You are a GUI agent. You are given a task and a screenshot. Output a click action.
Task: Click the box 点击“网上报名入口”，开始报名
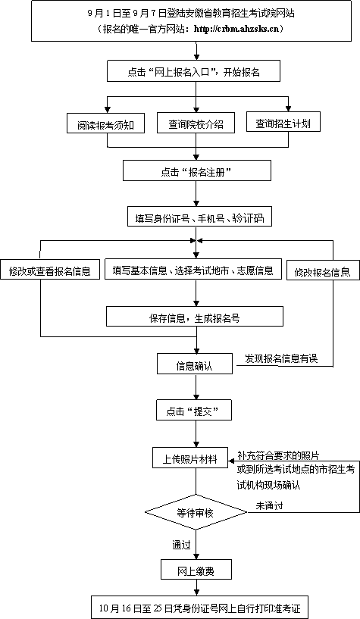tap(193, 71)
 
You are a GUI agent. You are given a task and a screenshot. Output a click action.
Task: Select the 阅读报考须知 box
tap(105, 124)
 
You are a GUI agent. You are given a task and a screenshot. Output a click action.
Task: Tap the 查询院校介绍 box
tap(196, 123)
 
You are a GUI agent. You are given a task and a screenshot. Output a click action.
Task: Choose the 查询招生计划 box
tap(283, 123)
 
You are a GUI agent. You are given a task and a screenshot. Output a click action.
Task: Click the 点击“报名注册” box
tap(197, 170)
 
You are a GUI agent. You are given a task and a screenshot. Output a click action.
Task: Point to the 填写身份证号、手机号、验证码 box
tap(199, 217)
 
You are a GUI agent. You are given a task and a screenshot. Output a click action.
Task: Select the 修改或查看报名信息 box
tap(50, 270)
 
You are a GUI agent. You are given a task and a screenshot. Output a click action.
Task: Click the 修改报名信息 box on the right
tap(323, 270)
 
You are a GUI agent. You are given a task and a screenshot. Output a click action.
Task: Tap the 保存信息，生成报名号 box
tap(195, 317)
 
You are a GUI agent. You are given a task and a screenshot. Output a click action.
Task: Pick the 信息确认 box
tap(195, 364)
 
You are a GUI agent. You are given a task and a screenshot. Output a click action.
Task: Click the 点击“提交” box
tap(194, 410)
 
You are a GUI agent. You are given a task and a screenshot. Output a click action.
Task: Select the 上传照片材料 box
tap(191, 458)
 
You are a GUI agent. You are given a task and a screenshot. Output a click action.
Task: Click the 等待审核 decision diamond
tap(196, 512)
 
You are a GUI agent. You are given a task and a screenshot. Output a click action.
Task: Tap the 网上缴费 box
tap(196, 569)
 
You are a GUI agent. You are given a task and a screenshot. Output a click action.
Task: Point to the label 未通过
tap(269, 505)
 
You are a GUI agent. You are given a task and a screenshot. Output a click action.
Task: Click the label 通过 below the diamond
tap(181, 545)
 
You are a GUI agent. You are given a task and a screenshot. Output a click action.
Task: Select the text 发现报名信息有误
tap(280, 358)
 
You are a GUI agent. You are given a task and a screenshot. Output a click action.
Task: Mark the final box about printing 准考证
tap(199, 607)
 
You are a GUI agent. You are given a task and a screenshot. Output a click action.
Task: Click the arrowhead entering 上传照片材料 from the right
tap(232, 460)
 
